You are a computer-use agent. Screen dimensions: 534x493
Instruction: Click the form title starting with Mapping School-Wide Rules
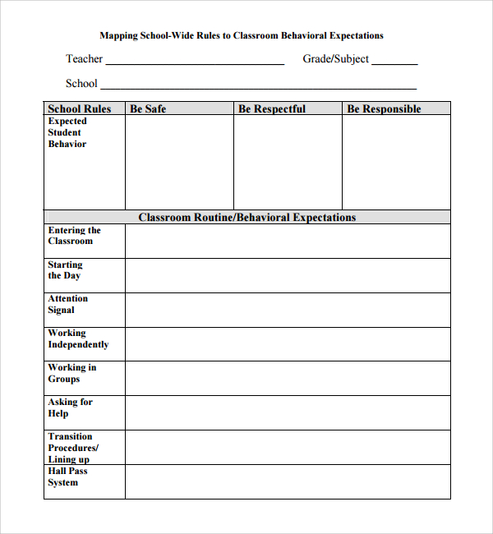241,36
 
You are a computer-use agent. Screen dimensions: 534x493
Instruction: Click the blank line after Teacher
195,62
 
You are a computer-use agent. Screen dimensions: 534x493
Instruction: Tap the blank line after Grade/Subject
395,62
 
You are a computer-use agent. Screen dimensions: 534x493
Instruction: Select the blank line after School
258,86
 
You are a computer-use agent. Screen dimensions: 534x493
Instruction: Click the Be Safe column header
148,108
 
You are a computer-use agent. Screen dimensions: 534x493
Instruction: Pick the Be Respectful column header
272,108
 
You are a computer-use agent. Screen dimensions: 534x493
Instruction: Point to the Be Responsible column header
384,108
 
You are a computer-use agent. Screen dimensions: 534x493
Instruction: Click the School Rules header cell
80,108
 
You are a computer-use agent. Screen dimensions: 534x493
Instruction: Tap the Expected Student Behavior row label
67,132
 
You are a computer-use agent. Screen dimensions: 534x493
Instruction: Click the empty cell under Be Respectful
288,162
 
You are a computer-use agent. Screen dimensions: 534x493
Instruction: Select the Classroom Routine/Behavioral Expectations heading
246,218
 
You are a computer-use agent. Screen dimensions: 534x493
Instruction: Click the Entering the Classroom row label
74,236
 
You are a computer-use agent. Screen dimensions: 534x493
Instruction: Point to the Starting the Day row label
65,270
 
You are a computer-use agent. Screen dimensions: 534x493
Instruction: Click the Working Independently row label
78,338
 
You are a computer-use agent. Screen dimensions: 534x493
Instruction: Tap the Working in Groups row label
72,373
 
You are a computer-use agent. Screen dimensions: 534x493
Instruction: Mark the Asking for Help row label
70,407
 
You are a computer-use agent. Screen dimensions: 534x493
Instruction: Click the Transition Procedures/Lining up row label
73,448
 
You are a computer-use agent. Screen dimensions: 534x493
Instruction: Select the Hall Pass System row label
67,477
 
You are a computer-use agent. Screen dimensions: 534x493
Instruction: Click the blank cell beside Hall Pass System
288,482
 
